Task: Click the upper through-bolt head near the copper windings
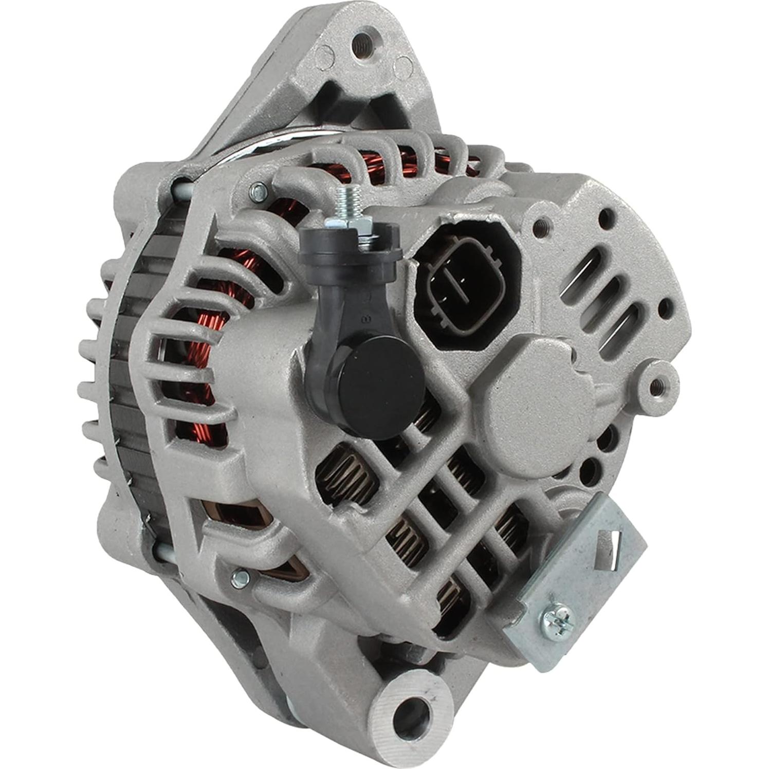[x=258, y=193]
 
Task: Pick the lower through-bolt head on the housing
[x=240, y=579]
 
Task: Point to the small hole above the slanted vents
[x=608, y=215]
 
